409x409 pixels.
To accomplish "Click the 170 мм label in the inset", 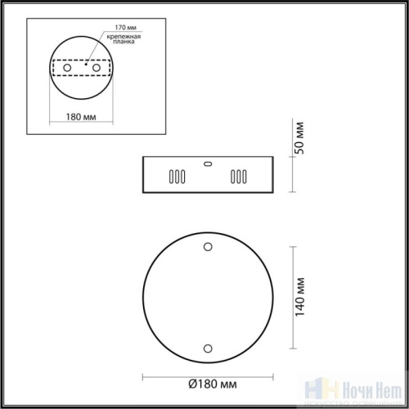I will [115, 28].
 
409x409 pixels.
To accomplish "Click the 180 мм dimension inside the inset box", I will [79, 118].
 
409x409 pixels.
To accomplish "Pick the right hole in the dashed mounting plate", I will [97, 70].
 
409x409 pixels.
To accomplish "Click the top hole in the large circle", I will [208, 246].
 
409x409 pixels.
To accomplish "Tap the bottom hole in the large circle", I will [208, 348].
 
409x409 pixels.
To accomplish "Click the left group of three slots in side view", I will [176, 176].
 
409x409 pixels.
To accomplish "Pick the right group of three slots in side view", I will [239, 176].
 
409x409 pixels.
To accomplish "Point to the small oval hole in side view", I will [208, 163].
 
